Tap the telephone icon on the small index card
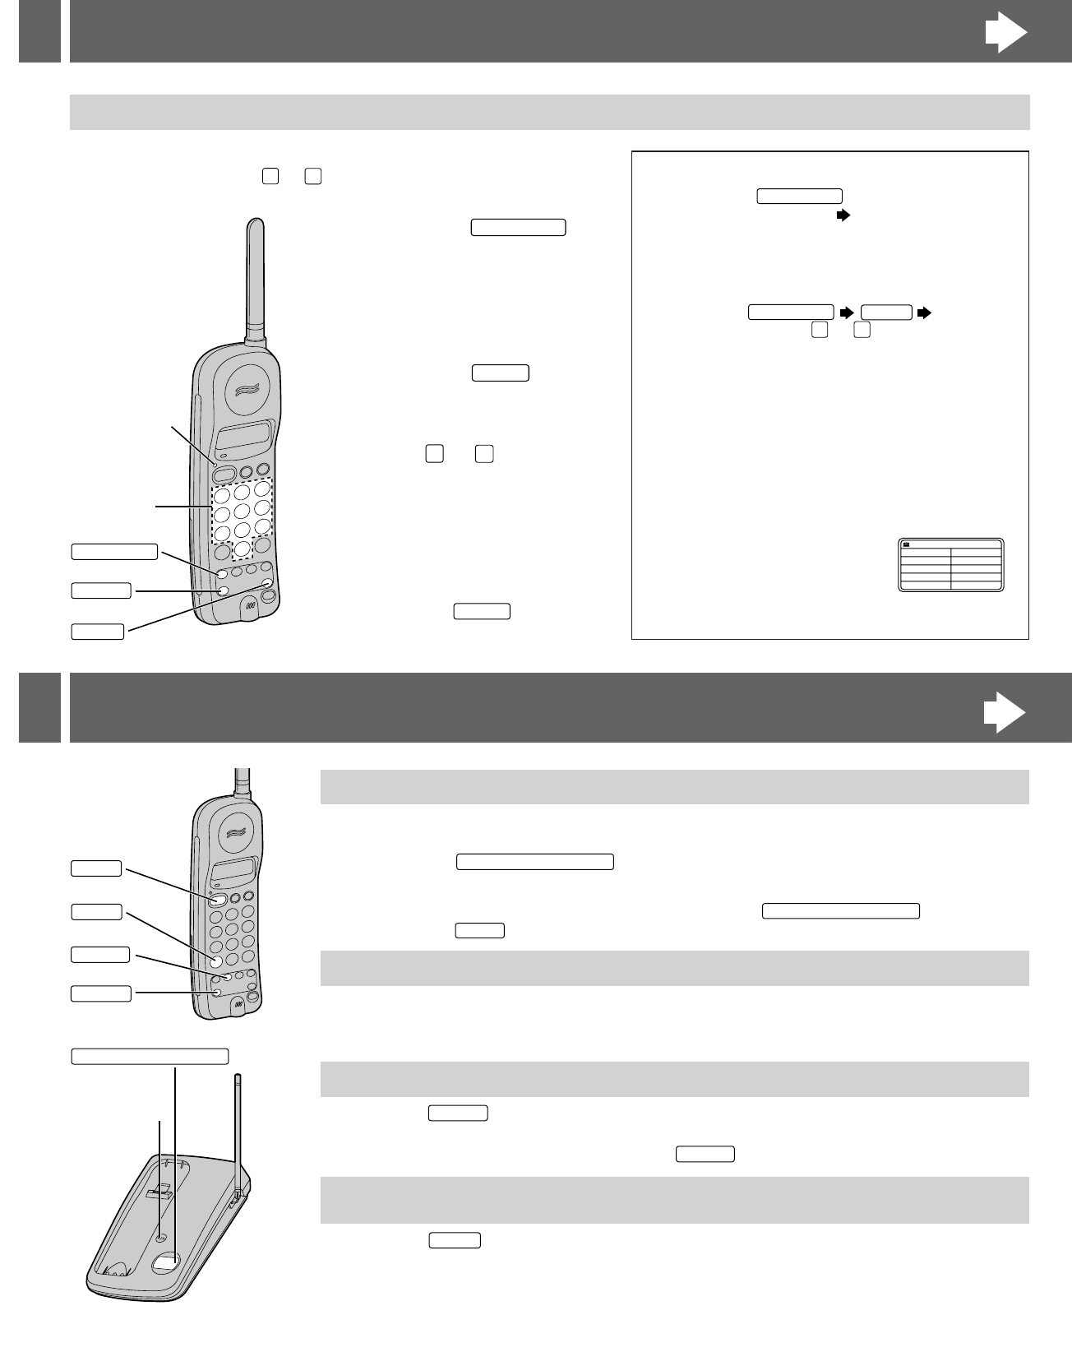907,544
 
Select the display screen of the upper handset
245,436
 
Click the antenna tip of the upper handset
256,224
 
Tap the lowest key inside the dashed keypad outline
243,547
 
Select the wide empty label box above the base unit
150,1057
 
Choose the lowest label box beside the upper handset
98,632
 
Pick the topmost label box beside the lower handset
96,868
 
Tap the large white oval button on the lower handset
218,901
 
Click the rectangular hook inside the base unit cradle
161,1190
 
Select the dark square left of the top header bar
39,31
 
